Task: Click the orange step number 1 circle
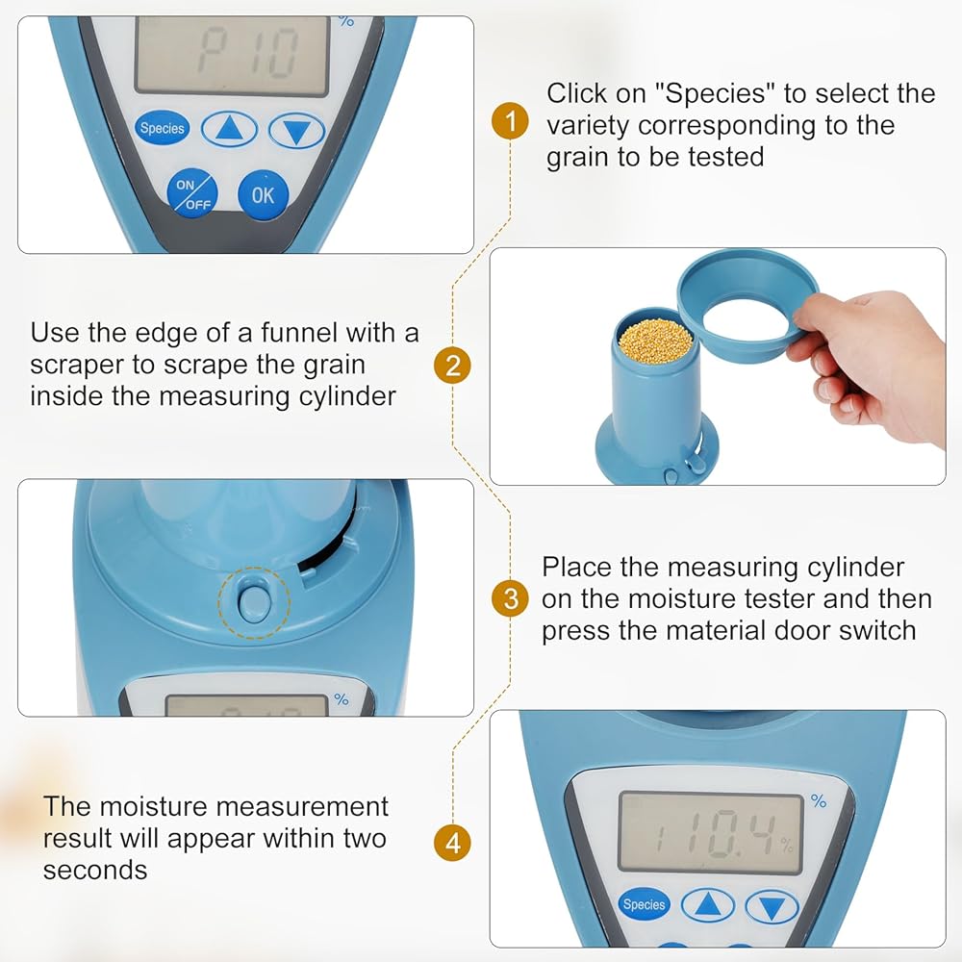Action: point(510,121)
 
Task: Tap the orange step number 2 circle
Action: point(452,366)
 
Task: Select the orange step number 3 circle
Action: point(510,598)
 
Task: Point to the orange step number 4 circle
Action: point(452,843)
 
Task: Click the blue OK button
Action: point(264,195)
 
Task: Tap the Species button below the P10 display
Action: point(162,128)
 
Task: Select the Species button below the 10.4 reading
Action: point(644,903)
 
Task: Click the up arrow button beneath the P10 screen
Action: point(230,129)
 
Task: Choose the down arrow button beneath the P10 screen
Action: point(296,131)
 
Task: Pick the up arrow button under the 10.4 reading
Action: point(708,905)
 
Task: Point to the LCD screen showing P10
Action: point(233,55)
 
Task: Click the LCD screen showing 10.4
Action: point(711,832)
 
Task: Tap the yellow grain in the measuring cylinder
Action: point(655,342)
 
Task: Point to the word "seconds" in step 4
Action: point(95,871)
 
